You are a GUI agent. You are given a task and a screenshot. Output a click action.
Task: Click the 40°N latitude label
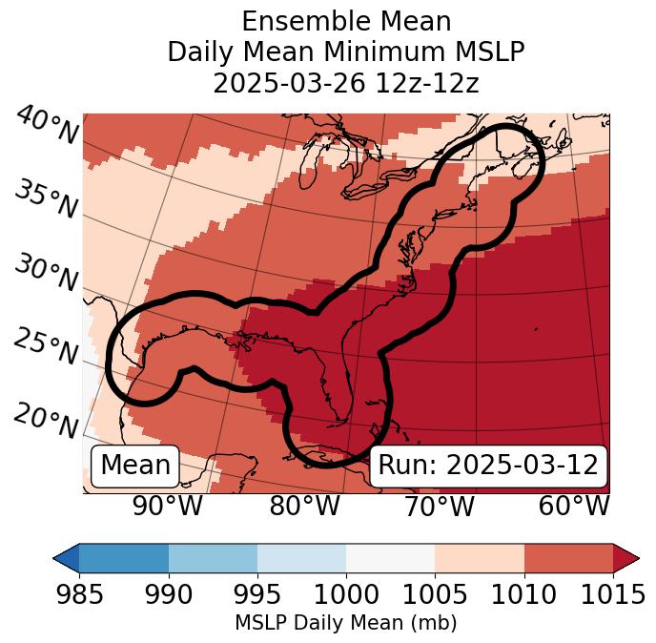(46, 127)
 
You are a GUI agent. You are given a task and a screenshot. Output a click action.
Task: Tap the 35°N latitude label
(46, 199)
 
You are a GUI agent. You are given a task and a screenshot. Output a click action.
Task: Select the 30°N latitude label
(46, 274)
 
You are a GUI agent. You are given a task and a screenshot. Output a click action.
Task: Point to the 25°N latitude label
(46, 346)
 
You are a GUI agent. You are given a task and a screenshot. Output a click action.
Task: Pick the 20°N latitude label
(46, 420)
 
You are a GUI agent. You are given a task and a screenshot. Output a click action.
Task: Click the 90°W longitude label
(167, 506)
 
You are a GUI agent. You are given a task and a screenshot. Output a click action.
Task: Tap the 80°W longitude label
(304, 506)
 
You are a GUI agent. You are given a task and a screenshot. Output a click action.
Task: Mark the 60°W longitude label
(574, 506)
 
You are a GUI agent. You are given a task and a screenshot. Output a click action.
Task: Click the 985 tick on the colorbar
(79, 594)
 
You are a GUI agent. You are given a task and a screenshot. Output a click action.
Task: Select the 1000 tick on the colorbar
(346, 594)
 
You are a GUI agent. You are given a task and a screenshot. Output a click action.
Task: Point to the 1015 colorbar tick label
(612, 594)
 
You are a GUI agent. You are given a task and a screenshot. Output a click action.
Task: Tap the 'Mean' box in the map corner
(135, 466)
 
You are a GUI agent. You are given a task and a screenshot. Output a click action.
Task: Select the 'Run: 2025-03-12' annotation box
(488, 466)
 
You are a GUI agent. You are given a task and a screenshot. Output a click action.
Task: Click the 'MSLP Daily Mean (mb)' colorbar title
(345, 624)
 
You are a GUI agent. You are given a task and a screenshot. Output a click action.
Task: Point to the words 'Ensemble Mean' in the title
(346, 21)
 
